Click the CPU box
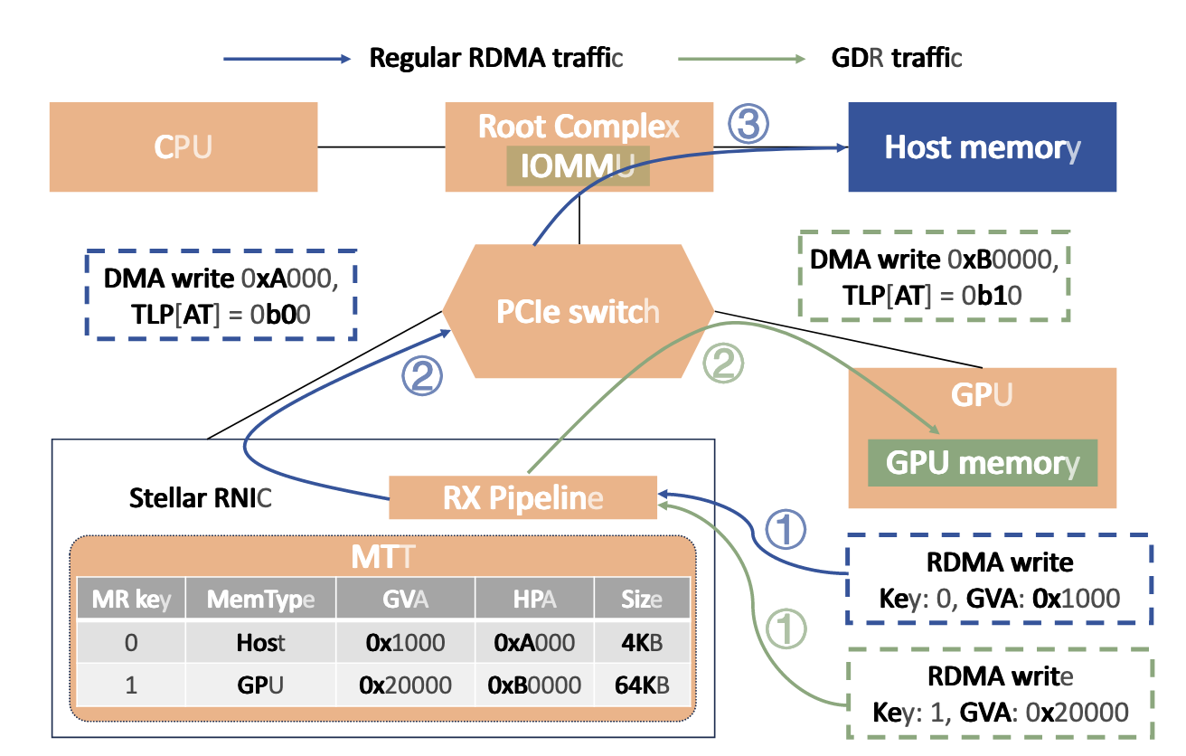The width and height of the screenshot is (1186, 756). [183, 146]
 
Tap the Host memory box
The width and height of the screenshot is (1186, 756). [982, 146]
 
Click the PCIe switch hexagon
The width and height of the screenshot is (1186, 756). [578, 311]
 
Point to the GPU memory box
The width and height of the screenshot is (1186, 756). [982, 463]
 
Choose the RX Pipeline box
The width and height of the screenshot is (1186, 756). [522, 497]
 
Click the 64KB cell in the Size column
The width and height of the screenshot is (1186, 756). [641, 685]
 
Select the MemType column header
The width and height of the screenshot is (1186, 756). [260, 600]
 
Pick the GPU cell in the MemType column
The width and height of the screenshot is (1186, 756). [260, 685]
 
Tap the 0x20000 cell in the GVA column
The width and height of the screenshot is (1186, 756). [405, 685]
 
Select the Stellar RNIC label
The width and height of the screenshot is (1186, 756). [200, 497]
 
